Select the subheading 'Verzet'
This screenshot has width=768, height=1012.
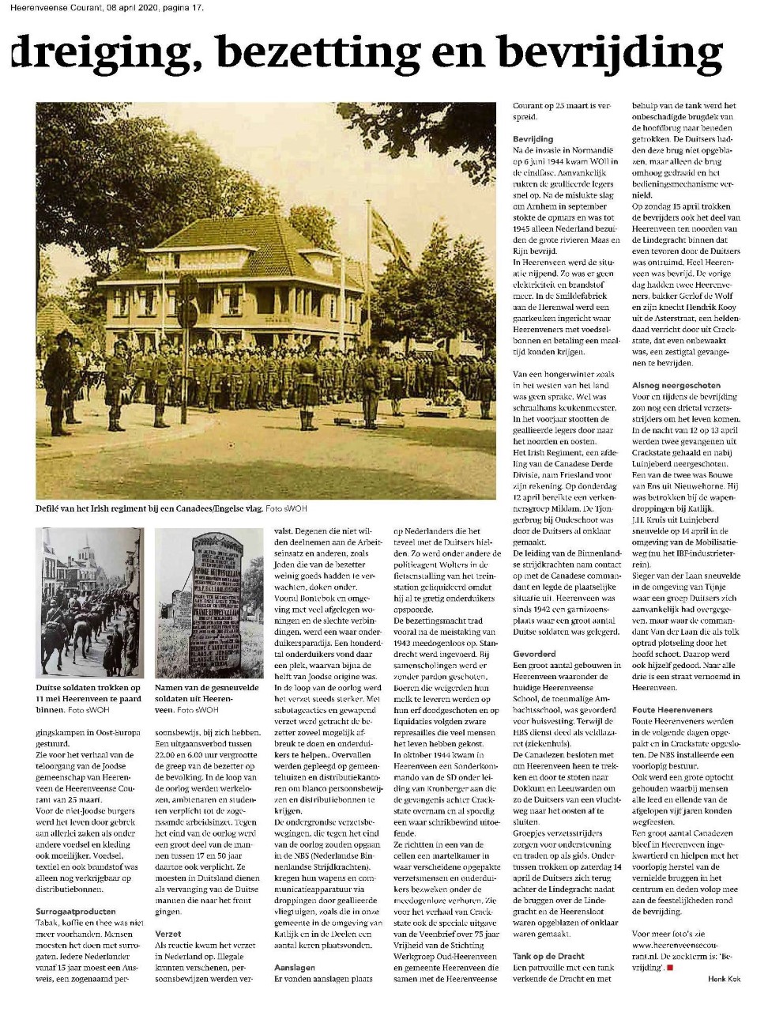click(168, 933)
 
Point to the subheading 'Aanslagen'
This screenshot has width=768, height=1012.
click(294, 967)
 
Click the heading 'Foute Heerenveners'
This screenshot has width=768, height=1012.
click(672, 710)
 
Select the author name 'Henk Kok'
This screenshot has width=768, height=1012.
click(723, 978)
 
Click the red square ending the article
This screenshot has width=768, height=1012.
click(669, 966)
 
